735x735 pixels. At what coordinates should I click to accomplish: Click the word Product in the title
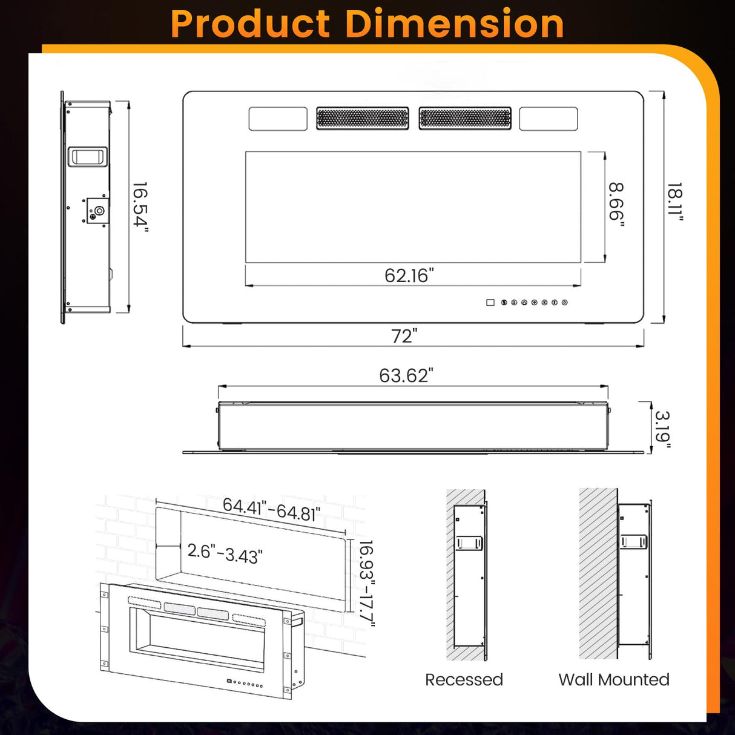coord(250,24)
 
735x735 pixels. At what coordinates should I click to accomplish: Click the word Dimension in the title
coord(454,24)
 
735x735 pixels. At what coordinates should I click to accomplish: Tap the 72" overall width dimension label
coord(404,335)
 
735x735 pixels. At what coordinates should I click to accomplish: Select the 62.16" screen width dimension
coord(409,275)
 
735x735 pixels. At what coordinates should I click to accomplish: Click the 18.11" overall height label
coord(674,203)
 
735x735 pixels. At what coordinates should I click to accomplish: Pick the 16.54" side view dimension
coord(140,206)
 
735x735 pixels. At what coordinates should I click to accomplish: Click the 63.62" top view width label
coord(406,375)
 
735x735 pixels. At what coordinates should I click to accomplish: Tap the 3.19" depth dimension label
coord(663,430)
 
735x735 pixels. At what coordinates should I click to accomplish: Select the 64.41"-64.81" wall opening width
coord(271,509)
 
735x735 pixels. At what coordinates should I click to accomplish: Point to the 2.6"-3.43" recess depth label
coord(225,553)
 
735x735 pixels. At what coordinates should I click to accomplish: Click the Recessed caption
coord(464,680)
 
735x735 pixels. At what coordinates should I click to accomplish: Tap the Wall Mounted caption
coord(614,680)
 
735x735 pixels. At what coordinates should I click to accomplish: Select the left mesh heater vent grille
coord(362,118)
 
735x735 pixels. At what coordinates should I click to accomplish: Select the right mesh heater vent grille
coord(465,118)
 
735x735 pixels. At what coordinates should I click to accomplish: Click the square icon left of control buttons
coord(490,302)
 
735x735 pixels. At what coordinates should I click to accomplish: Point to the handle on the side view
coord(88,157)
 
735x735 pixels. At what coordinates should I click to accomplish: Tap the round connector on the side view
coord(99,211)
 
